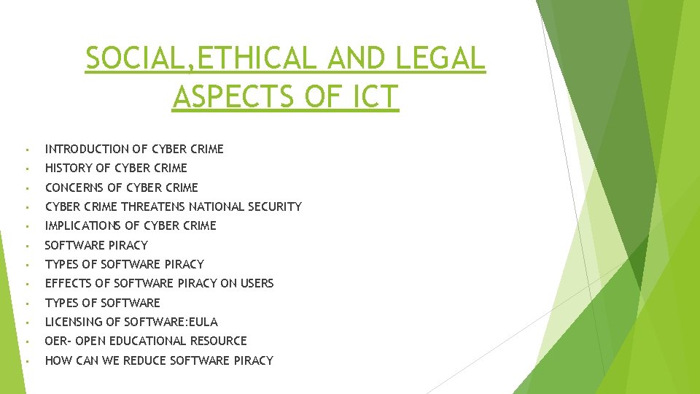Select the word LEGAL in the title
(x=440, y=59)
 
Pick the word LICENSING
(x=73, y=322)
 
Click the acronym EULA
(x=203, y=322)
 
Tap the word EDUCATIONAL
(x=142, y=341)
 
